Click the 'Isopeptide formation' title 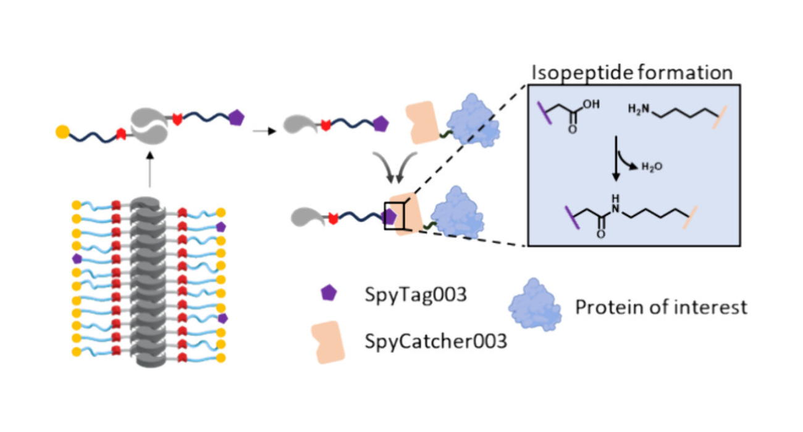(x=632, y=73)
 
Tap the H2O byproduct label (x=652, y=167)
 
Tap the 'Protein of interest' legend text (x=661, y=307)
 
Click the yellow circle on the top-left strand (x=62, y=131)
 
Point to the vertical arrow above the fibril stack (x=149, y=170)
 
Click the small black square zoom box (x=393, y=216)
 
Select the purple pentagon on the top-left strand (x=235, y=117)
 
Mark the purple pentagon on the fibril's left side (x=77, y=258)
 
